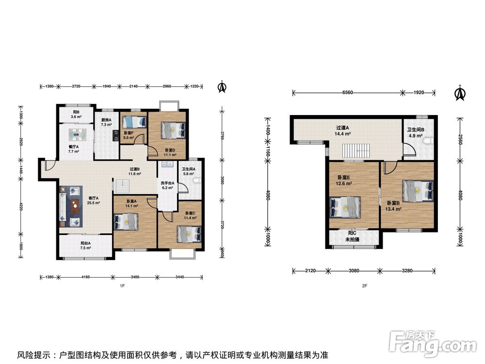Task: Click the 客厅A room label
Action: [94, 198]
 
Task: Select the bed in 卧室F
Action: [134, 122]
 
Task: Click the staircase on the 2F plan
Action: [356, 151]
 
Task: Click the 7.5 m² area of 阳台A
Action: [86, 248]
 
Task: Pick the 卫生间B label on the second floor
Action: [416, 130]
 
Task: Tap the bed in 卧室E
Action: [345, 207]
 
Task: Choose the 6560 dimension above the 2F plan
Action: [348, 92]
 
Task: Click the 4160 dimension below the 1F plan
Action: [85, 277]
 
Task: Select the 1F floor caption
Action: [122, 286]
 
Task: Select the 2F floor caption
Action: [365, 286]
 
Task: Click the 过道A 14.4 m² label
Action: [342, 131]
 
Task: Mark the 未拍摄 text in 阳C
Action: [352, 239]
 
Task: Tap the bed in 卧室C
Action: [189, 234]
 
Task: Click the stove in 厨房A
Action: [115, 135]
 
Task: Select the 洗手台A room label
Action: [167, 183]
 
